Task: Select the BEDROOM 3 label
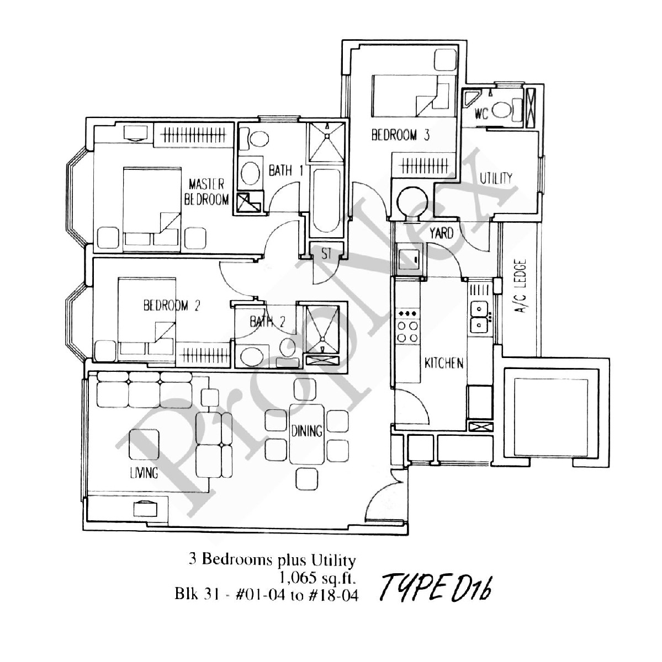(400, 135)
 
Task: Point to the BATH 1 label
(285, 170)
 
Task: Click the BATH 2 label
(267, 322)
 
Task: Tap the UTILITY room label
(495, 178)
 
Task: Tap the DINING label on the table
(307, 430)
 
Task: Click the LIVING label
(144, 473)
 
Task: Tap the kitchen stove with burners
(407, 326)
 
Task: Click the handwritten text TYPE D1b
(436, 589)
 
